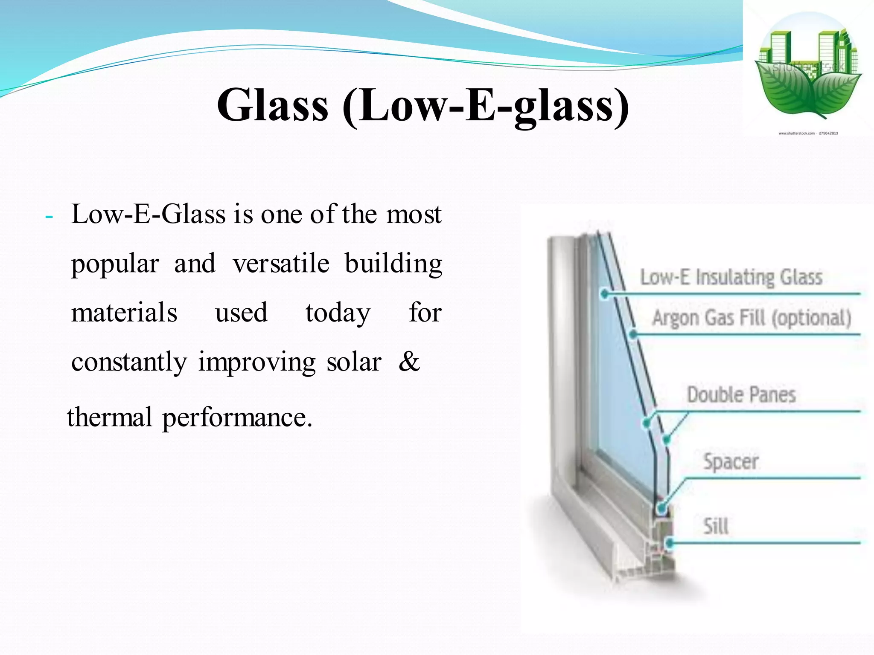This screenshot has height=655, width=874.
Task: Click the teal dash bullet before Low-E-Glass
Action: (x=49, y=217)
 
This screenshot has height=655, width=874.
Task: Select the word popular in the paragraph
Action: (x=115, y=264)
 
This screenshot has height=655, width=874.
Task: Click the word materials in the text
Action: (x=124, y=313)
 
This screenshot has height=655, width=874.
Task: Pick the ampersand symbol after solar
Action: (x=409, y=362)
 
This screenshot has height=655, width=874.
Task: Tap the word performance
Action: (x=237, y=418)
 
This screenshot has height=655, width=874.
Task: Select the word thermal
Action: (x=110, y=417)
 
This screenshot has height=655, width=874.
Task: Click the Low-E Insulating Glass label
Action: (x=731, y=277)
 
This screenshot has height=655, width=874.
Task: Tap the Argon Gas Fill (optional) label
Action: (x=752, y=318)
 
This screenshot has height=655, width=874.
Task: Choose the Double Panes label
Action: (x=741, y=394)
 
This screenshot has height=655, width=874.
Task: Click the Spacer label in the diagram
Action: (x=731, y=461)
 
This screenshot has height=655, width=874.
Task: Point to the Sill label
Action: (x=716, y=526)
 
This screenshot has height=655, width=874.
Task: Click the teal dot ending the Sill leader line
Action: (x=670, y=543)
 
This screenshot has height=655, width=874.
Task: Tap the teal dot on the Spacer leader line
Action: (x=661, y=508)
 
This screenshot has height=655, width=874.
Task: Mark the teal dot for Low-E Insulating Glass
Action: (x=604, y=294)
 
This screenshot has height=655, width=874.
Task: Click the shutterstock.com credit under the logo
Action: (x=808, y=133)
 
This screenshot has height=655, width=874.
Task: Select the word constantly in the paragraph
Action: (x=129, y=362)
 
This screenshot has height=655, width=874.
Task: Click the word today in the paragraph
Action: (x=338, y=313)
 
